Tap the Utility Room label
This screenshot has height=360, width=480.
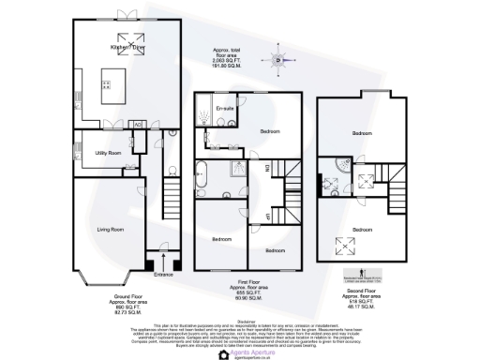click(x=109, y=151)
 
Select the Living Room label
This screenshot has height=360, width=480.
click(x=112, y=228)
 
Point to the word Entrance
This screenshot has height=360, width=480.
click(x=165, y=275)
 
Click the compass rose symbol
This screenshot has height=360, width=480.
click(x=278, y=63)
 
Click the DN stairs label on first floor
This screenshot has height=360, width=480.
click(x=266, y=168)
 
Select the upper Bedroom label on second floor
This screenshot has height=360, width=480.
click(x=362, y=133)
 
